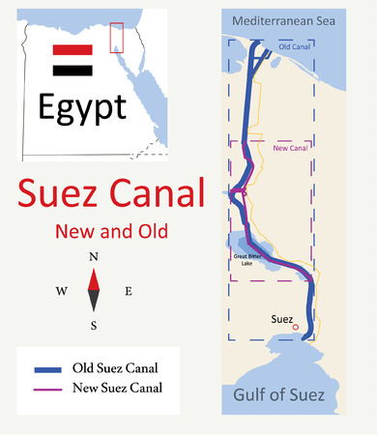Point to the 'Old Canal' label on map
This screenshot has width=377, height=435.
click(x=293, y=45)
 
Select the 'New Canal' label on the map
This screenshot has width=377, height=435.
click(x=291, y=150)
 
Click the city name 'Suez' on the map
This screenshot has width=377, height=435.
click(x=283, y=315)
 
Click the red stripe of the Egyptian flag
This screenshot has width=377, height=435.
click(x=73, y=48)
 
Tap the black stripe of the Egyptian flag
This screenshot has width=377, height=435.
click(x=73, y=71)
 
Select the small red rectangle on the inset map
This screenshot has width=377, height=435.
click(x=116, y=37)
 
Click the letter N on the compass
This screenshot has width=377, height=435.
click(x=94, y=257)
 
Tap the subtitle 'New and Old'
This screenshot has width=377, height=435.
click(x=111, y=232)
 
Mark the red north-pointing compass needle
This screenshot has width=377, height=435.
click(x=94, y=278)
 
